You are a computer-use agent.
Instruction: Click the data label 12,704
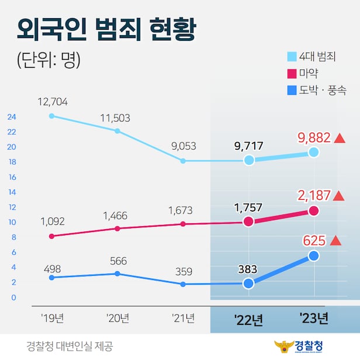click(x=53, y=102)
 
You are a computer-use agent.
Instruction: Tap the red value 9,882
click(x=314, y=138)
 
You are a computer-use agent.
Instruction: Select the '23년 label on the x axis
click(x=313, y=319)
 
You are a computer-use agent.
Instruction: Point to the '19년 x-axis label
click(x=53, y=318)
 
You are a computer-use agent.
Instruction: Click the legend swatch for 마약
click(x=291, y=74)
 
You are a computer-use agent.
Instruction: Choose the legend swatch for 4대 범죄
click(x=291, y=57)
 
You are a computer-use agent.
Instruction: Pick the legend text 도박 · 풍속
click(x=323, y=91)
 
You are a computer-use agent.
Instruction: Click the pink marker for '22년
click(x=248, y=221)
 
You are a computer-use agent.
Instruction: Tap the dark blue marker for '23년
click(x=313, y=256)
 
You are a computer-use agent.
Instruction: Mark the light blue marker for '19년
click(x=51, y=116)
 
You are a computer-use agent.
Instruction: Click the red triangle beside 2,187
click(x=339, y=196)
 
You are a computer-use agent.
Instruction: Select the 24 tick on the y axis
click(x=11, y=116)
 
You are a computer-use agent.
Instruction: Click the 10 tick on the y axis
click(x=11, y=222)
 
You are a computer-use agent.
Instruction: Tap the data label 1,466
click(x=117, y=216)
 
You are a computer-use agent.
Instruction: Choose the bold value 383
click(x=248, y=269)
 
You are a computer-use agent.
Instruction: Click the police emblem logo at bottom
click(x=285, y=345)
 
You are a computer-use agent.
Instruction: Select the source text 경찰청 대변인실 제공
click(x=70, y=345)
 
